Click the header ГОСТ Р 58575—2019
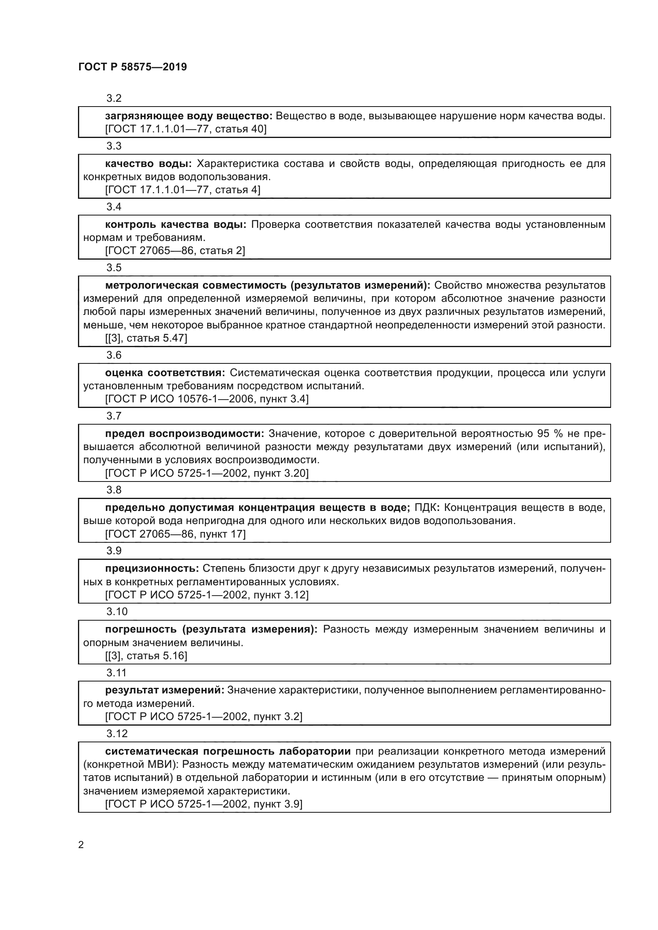[132, 67]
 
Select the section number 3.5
[114, 268]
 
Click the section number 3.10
[117, 612]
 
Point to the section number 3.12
[117, 734]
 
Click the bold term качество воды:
[148, 164]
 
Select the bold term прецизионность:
[152, 569]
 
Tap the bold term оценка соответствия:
[165, 373]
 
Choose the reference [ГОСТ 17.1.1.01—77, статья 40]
[186, 129]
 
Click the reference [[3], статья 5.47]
[146, 338]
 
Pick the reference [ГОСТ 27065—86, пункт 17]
[175, 534]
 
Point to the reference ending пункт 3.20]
[206, 473]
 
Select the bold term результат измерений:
[165, 690]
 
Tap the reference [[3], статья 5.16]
[146, 656]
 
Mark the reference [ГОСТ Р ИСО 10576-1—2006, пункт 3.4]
[206, 399]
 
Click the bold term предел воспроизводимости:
[184, 434]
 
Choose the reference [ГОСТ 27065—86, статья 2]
[175, 251]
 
